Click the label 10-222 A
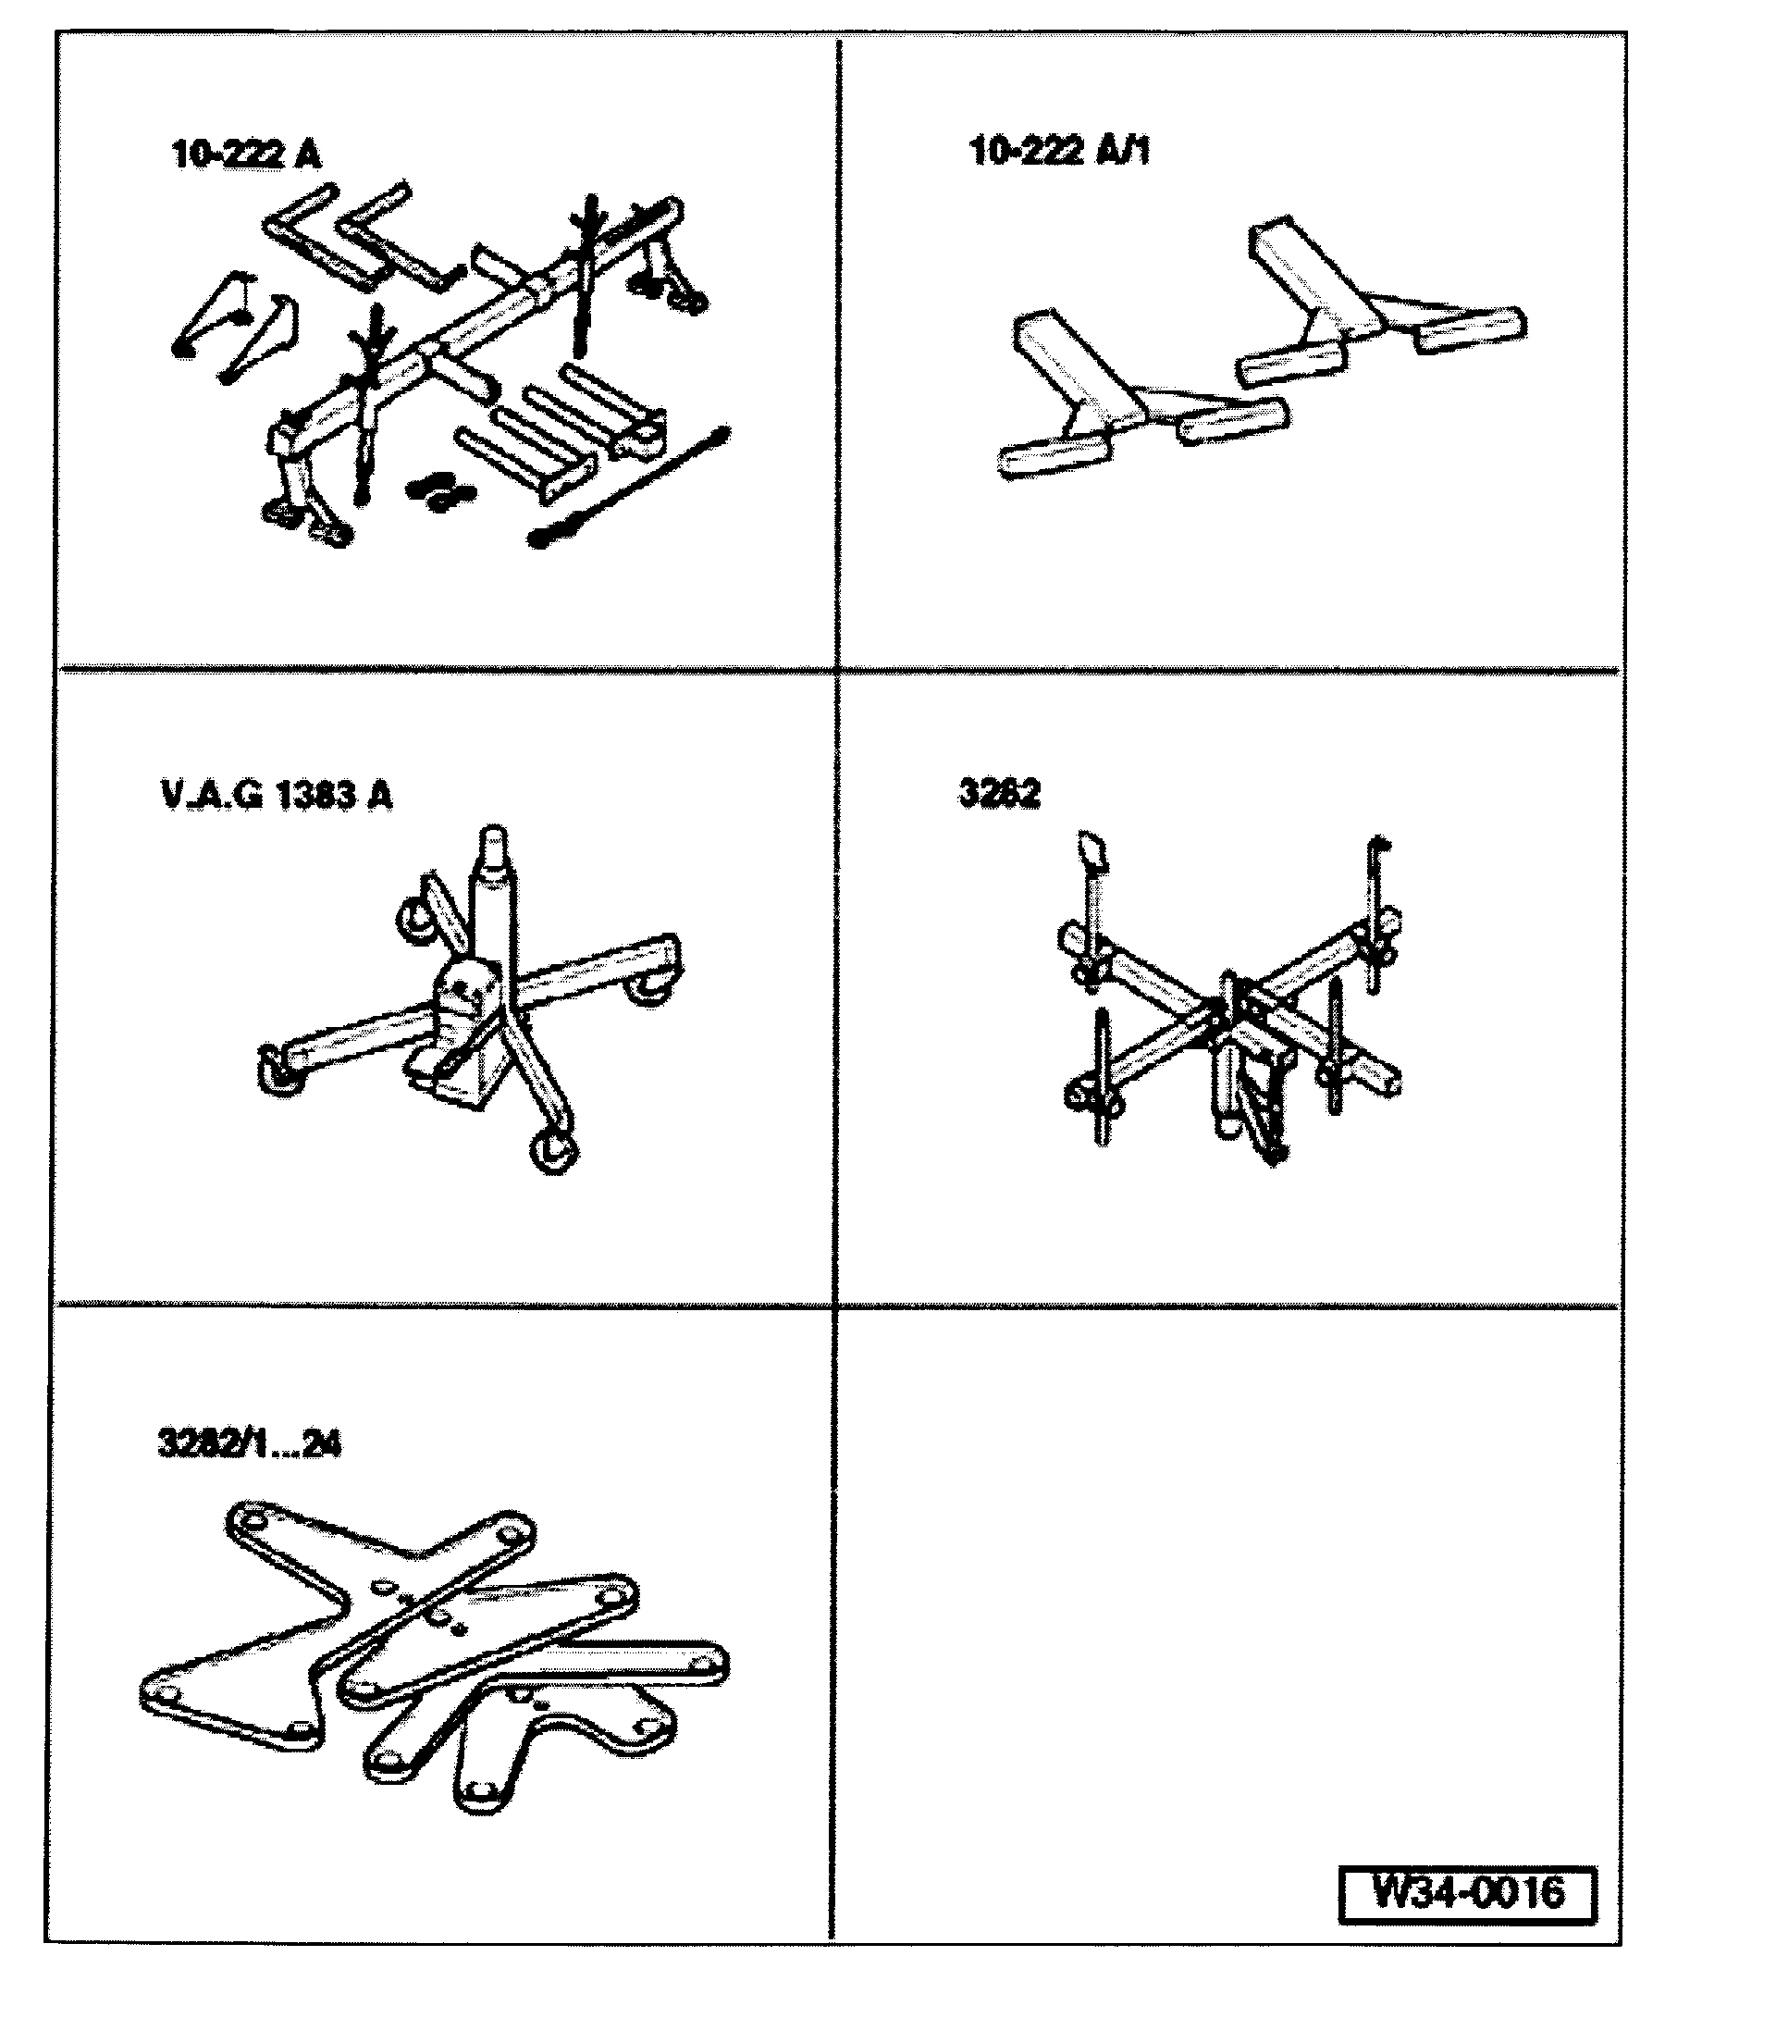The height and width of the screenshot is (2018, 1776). [x=246, y=155]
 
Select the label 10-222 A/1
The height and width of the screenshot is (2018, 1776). [x=1059, y=151]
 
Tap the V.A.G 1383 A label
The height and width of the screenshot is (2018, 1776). [x=276, y=795]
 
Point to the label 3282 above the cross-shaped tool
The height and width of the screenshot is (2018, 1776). [x=999, y=793]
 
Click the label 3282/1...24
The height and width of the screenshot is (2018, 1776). [x=249, y=1444]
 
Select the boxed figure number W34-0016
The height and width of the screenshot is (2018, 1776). [x=1467, y=1891]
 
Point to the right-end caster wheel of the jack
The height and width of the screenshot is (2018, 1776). [x=649, y=987]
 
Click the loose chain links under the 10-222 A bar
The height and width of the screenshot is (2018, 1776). [x=439, y=489]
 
